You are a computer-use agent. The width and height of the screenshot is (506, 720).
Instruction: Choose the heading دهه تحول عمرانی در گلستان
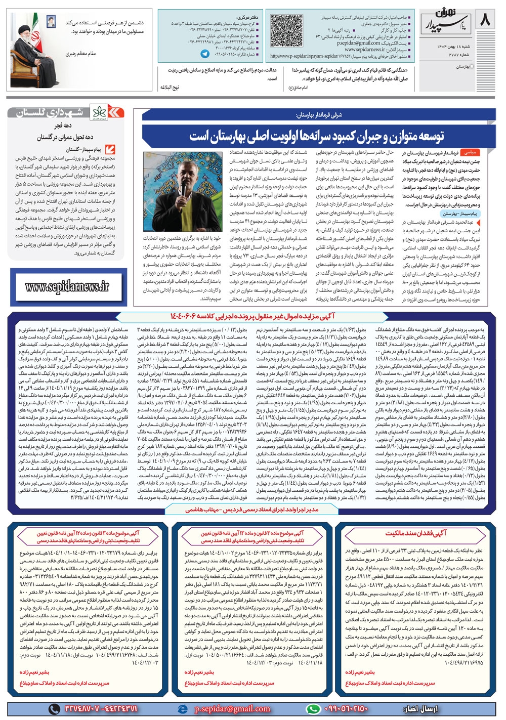[65, 137]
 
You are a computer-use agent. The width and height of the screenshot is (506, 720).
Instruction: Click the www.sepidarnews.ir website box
[67, 287]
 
